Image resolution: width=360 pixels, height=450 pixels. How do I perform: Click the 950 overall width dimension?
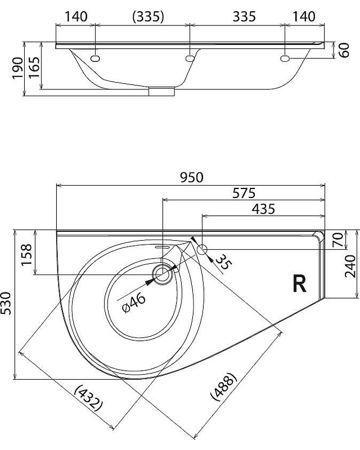pyautogui.click(x=191, y=178)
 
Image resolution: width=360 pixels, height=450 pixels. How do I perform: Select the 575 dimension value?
pyautogui.click(x=244, y=193)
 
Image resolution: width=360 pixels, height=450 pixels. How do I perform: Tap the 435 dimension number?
pyautogui.click(x=263, y=209)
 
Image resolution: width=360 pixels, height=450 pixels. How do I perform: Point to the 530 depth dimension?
pyautogui.click(x=6, y=303)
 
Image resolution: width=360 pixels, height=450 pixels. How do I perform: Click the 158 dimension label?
pyautogui.click(x=26, y=255)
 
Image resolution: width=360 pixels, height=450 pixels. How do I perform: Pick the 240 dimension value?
pyautogui.click(x=350, y=266)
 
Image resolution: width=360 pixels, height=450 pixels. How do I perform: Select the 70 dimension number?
pyautogui.click(x=338, y=240)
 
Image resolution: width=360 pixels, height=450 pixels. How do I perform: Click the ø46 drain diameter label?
pyautogui.click(x=134, y=303)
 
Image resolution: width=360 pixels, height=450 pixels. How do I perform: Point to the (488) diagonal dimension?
pyautogui.click(x=224, y=386)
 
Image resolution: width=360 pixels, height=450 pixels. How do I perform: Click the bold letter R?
pyautogui.click(x=299, y=283)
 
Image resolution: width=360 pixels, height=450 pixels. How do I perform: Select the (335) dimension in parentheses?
pyautogui.click(x=148, y=17)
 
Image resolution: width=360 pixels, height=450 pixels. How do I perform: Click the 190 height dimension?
pyautogui.click(x=17, y=68)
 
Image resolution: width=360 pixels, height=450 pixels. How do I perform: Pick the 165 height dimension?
pyautogui.click(x=34, y=67)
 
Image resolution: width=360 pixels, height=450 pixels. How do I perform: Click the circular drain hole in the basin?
pyautogui.click(x=163, y=274)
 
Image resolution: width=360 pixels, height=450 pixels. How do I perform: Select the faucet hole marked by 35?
pyautogui.click(x=203, y=249)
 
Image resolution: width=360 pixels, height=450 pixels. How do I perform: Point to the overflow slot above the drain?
pyautogui.click(x=163, y=246)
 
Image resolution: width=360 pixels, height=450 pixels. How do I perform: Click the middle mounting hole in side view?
pyautogui.click(x=190, y=58)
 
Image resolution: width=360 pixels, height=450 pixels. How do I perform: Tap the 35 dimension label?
pyautogui.click(x=223, y=262)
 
